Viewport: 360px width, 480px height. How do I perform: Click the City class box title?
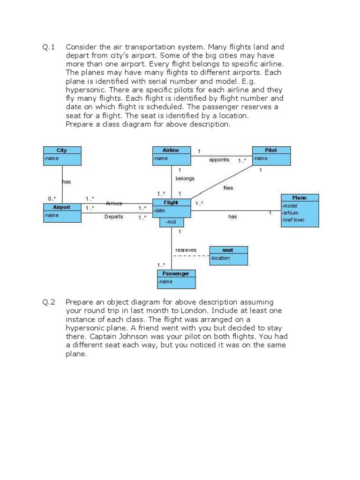[62, 150]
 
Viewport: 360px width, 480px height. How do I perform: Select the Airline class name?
[171, 150]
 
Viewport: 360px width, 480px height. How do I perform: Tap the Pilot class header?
[271, 150]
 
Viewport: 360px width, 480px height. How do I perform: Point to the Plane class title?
[299, 198]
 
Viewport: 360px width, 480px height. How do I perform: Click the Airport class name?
[61, 207]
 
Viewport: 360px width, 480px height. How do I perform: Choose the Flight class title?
[171, 202]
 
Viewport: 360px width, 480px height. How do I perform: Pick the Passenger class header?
[176, 273]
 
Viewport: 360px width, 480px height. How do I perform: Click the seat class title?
[228, 250]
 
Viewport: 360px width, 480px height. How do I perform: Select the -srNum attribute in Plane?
[290, 212]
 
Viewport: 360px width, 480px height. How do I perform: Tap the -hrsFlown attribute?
[293, 219]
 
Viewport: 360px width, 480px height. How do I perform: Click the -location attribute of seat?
[221, 258]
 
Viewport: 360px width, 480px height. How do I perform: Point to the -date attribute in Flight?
[159, 210]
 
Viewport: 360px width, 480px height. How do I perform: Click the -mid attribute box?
[171, 222]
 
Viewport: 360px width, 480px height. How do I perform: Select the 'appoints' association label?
[219, 160]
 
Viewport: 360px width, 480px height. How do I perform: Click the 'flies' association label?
[228, 188]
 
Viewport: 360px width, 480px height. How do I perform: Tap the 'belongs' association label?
[185, 179]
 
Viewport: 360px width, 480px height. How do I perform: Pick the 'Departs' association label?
[113, 217]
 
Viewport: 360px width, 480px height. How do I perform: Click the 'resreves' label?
[186, 250]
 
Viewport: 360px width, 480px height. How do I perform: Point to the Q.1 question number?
[49, 47]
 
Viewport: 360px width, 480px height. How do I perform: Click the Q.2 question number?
[49, 302]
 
